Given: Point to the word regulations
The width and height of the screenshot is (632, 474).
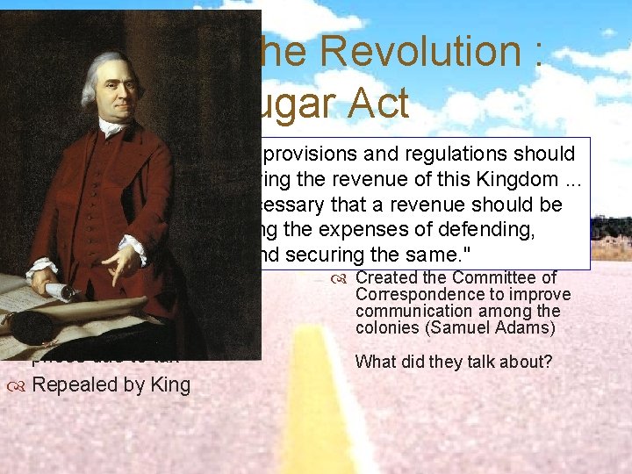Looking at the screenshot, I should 453,154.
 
